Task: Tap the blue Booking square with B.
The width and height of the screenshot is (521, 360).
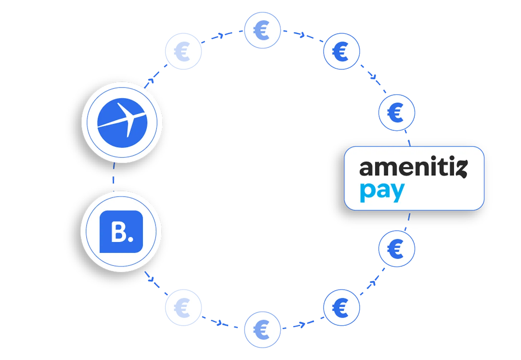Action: pos(121,232)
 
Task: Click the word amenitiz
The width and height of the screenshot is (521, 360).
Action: pos(413,169)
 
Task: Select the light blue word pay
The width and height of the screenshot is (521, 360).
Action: pos(382,192)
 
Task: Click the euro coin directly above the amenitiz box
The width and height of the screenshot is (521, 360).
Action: pos(396,112)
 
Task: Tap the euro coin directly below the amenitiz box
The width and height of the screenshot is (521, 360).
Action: pos(396,248)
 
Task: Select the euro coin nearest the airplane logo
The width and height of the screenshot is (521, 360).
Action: pos(183,52)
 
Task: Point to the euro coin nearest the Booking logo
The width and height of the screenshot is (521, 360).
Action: pos(183,307)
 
